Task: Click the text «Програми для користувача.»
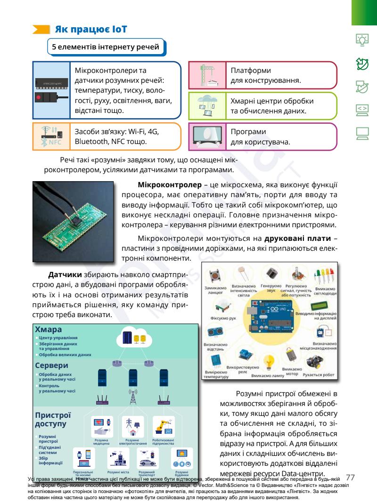(x=260, y=136)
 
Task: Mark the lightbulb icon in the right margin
(x=362, y=41)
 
